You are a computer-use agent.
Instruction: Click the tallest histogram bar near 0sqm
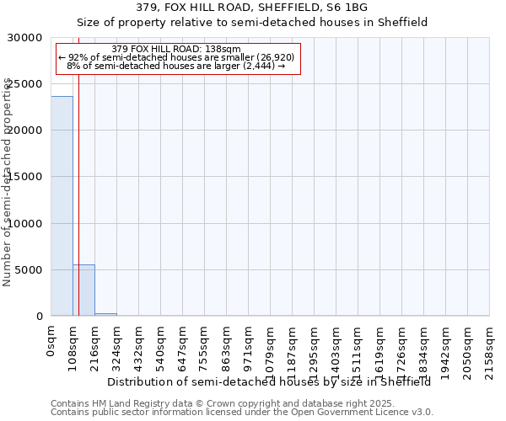[x=62, y=205]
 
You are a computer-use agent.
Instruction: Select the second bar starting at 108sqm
[x=83, y=290]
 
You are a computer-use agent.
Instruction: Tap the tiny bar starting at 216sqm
[x=105, y=314]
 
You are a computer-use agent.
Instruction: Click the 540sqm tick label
[x=160, y=347]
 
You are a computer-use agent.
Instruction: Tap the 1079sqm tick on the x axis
[x=270, y=349]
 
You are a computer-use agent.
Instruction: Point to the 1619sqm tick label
[x=379, y=349]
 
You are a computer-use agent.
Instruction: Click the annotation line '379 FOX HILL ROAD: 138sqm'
[x=176, y=49]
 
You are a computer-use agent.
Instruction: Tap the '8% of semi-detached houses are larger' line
[x=176, y=66]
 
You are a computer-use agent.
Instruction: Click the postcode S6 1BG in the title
[x=347, y=8]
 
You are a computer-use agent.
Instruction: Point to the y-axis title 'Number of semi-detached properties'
[x=8, y=181]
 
